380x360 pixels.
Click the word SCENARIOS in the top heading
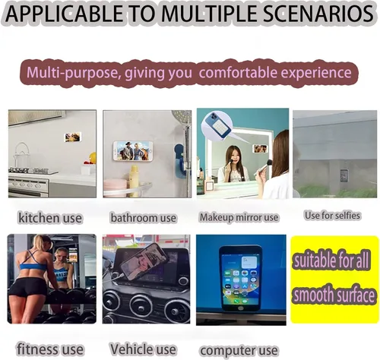318,13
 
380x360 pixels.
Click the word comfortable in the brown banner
238,72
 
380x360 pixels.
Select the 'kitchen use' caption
50,218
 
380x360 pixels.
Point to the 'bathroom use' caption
144,218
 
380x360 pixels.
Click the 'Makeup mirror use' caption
239,217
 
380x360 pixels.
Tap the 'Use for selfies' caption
332,216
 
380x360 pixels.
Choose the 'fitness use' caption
50,349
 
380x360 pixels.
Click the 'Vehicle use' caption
143,349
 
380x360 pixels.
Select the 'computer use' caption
239,351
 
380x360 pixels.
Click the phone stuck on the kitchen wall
73,137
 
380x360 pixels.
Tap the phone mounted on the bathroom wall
133,150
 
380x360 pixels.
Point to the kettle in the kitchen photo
21,155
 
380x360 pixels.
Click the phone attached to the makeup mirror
261,148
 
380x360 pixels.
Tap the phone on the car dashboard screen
144,261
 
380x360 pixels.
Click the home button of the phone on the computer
241,308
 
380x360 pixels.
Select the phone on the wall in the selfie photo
344,175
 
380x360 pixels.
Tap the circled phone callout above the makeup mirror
217,125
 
